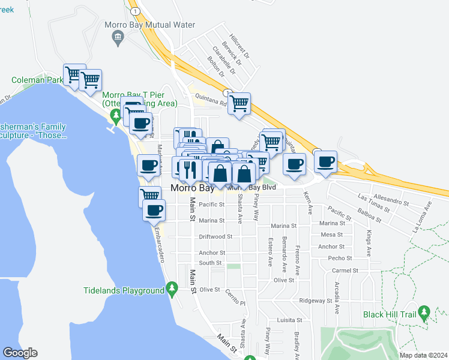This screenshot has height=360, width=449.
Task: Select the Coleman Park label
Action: click(x=37, y=80)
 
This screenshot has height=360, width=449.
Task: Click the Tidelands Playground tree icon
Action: click(x=172, y=290)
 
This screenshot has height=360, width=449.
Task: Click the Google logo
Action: click(x=20, y=353)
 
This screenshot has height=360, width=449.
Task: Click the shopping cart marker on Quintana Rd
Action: click(x=240, y=103)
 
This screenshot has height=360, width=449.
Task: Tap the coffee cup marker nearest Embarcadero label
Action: click(x=154, y=210)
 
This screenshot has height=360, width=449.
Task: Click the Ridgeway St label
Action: click(x=316, y=301)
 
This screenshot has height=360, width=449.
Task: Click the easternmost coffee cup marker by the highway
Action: click(x=325, y=162)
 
